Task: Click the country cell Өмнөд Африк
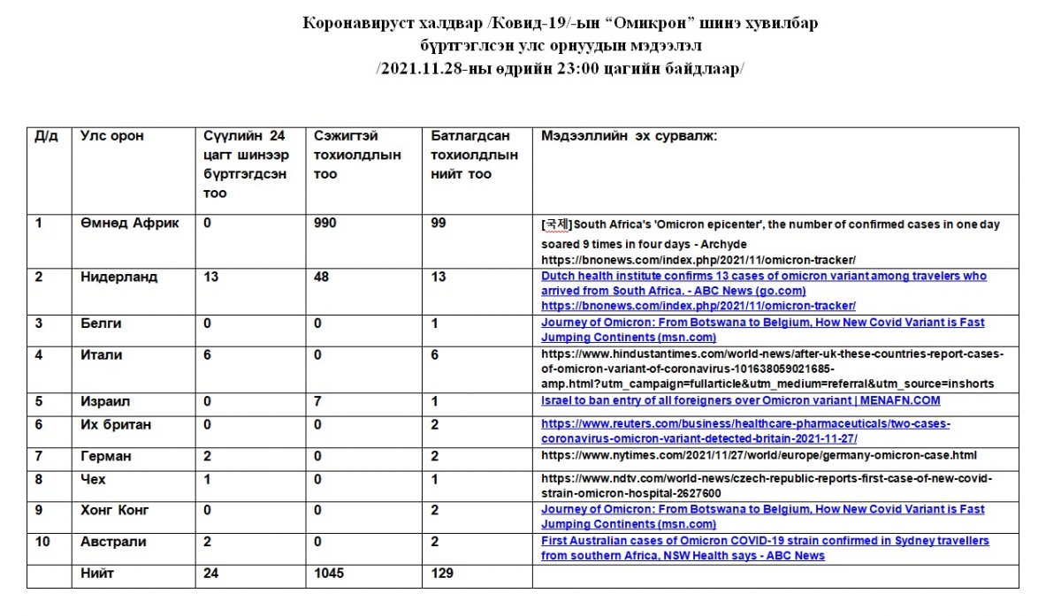pos(129,224)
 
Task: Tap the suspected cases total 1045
pos(329,574)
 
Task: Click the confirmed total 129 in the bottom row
pos(442,574)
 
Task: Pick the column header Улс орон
pos(112,136)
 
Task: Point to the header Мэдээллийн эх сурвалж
pos(629,136)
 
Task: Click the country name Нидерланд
pos(119,277)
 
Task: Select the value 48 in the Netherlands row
pos(323,277)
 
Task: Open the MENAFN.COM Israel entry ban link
pos(740,400)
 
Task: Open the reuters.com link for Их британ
pos(745,431)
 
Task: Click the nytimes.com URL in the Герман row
pos(759,455)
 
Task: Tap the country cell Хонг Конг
pos(115,510)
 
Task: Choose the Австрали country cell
pos(113,541)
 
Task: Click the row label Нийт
pos(96,574)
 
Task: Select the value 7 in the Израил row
pos(318,401)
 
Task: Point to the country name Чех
pos(92,479)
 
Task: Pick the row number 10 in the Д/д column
pos(42,541)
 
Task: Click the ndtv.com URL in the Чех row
pos(766,486)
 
